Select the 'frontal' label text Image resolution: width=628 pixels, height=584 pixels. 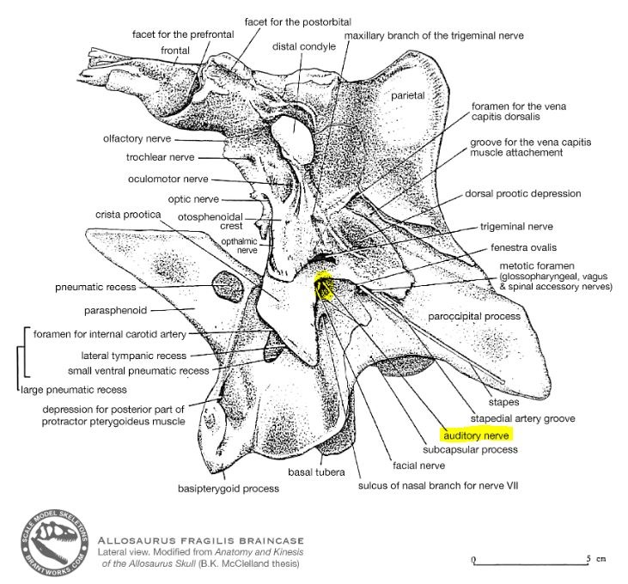176,51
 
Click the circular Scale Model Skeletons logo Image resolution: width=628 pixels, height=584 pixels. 56,544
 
